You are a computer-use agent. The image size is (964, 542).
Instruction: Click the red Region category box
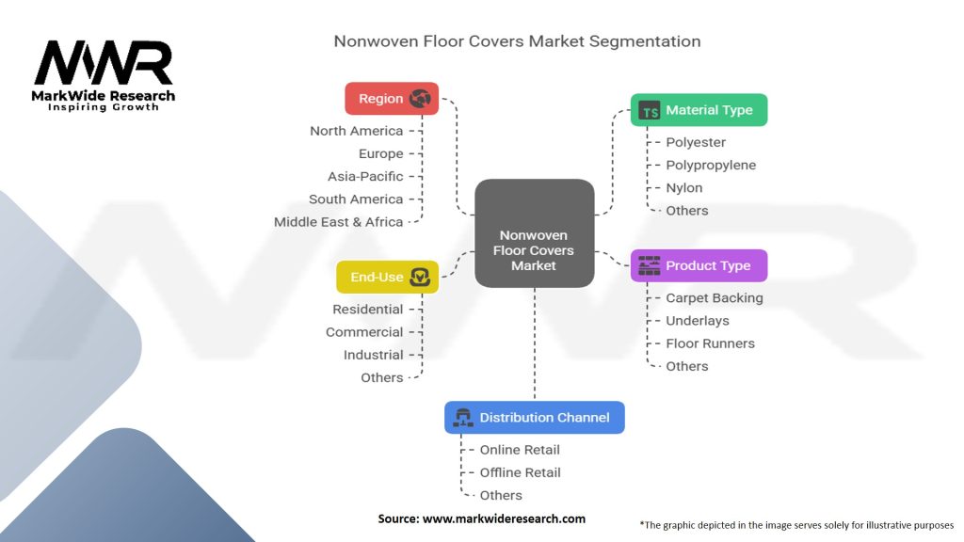click(x=392, y=99)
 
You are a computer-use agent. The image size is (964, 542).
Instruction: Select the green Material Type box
click(x=699, y=110)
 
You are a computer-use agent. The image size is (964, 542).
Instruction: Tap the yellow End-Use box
click(x=387, y=277)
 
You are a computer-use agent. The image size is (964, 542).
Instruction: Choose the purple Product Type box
click(x=699, y=265)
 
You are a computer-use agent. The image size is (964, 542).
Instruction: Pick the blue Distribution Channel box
click(x=534, y=417)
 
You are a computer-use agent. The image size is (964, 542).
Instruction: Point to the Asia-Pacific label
click(x=365, y=176)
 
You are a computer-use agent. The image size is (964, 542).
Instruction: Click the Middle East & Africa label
click(x=338, y=222)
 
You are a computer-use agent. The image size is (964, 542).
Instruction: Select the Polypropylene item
click(x=711, y=165)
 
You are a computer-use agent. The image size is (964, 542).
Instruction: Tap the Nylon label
click(x=684, y=187)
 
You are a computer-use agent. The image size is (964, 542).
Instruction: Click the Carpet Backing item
click(x=715, y=297)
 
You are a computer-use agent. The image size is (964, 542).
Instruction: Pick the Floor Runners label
click(x=710, y=343)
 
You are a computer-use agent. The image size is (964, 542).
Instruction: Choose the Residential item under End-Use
click(x=367, y=309)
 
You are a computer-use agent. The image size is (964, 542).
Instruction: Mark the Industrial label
click(x=373, y=355)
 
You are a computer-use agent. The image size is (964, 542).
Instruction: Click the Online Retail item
click(x=521, y=450)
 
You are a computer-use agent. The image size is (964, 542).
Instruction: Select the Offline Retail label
click(x=521, y=472)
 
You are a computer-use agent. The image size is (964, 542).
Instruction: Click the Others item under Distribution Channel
click(x=501, y=495)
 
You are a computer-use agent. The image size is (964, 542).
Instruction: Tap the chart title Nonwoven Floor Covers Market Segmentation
click(x=517, y=41)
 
